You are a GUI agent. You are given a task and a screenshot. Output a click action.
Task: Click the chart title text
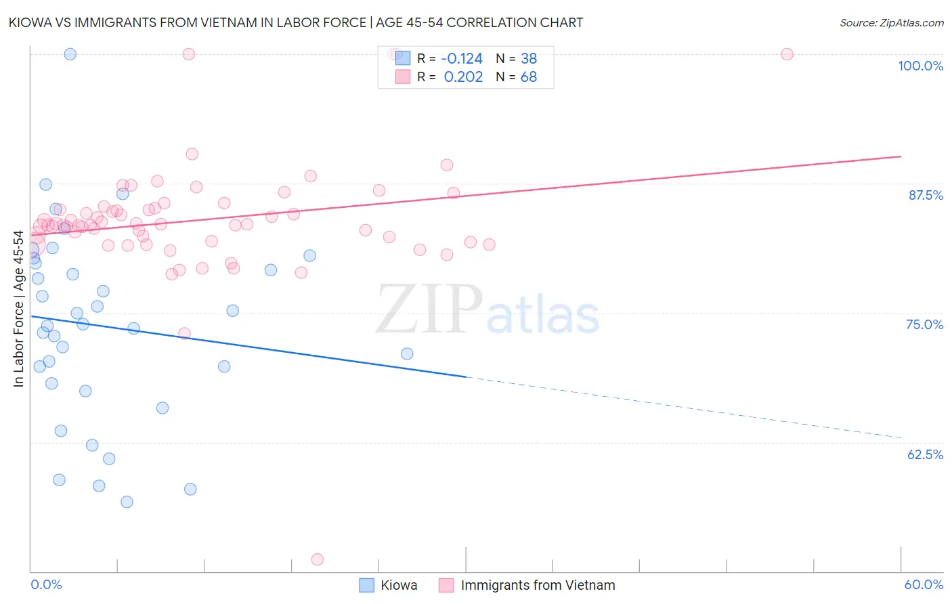(x=295, y=22)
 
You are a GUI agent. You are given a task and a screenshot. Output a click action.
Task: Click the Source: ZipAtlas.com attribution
(x=891, y=22)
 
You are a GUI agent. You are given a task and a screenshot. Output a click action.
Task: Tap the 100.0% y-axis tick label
(x=920, y=66)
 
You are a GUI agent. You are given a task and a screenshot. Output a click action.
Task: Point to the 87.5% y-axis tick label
(x=926, y=195)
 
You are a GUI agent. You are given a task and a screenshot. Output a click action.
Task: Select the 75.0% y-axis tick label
(x=924, y=324)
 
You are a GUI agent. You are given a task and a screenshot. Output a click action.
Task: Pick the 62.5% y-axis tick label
(x=925, y=454)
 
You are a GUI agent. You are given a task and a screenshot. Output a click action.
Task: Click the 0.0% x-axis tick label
(x=46, y=584)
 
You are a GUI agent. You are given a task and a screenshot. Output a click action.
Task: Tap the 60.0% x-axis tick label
(x=924, y=584)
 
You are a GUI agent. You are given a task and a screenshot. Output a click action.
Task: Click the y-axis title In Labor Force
(x=19, y=309)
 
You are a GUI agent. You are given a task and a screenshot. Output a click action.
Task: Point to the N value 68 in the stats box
(x=529, y=77)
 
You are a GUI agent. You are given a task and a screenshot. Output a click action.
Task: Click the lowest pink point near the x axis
(x=317, y=559)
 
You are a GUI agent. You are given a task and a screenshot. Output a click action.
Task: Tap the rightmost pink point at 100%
(x=787, y=54)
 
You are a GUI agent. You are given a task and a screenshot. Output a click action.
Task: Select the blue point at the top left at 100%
(x=70, y=54)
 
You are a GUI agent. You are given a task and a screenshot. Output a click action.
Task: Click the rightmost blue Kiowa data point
(x=407, y=353)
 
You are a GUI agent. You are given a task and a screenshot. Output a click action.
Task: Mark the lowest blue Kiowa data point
(x=127, y=502)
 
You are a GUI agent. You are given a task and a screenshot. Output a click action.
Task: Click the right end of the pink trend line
(x=901, y=156)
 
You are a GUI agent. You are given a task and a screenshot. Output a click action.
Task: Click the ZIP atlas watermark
(x=488, y=310)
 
